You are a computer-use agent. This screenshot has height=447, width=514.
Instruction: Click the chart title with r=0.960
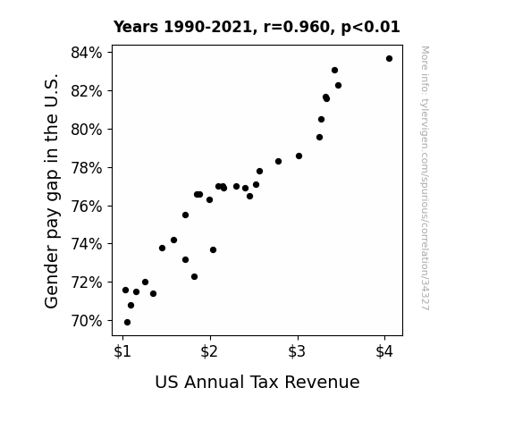pos(257,27)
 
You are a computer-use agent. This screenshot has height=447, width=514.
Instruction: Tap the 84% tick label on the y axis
pos(87,53)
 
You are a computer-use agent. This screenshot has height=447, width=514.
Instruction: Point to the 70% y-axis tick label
pos(87,321)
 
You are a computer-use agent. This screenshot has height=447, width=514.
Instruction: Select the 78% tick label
pos(87,168)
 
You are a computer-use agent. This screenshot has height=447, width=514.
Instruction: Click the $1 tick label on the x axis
pos(122,351)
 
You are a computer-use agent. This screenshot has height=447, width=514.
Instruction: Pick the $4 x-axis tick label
pos(384,351)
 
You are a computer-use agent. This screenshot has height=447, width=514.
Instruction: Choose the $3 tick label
pos(297,351)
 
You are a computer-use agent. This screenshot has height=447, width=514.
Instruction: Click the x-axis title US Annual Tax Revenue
pos(257,382)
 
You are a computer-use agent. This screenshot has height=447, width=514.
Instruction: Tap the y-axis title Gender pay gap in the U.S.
pos(52,190)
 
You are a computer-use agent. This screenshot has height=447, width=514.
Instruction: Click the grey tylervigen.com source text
pos(425,178)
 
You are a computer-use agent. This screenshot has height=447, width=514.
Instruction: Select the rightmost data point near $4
pos(389,59)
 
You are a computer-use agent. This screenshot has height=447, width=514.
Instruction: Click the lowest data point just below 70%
pos(127,323)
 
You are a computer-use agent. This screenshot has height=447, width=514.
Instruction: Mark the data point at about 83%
pos(334,71)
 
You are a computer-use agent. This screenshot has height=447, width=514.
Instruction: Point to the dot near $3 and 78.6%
pos(299,156)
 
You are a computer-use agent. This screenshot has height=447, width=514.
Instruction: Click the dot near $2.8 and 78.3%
pos(278,161)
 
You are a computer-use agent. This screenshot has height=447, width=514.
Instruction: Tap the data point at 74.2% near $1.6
pos(173,240)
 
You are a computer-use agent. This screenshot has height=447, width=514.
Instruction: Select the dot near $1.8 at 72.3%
pos(194,277)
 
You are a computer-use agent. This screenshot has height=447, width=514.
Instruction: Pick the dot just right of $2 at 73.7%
pos(213,250)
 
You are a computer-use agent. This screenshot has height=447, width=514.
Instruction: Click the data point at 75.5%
pos(185,215)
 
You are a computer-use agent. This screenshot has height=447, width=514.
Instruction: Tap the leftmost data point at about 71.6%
pos(125,291)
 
